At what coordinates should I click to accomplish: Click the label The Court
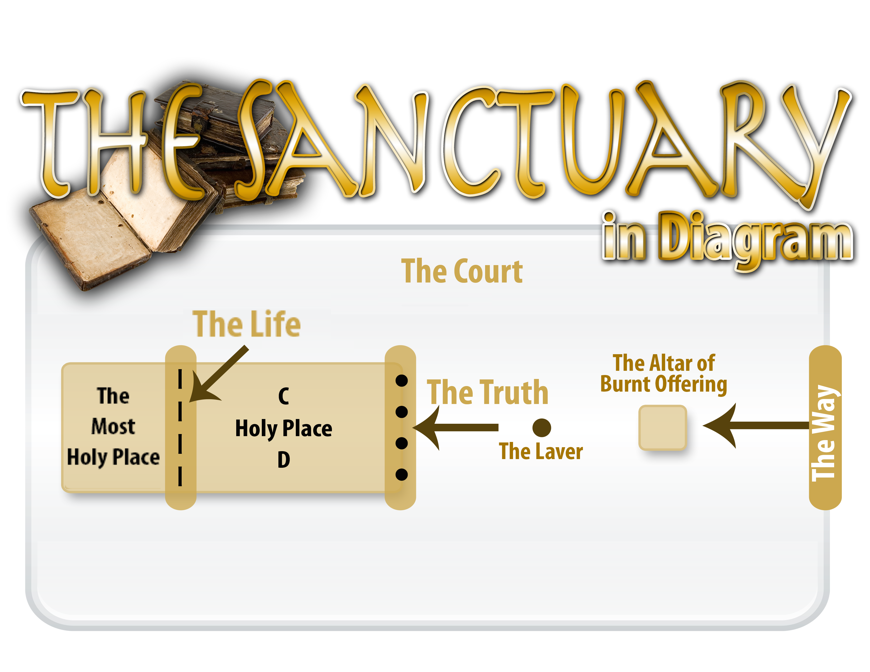[462, 271]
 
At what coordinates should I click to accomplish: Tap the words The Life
[246, 324]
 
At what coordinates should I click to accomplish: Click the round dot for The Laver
[541, 427]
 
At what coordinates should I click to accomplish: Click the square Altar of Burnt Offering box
[663, 427]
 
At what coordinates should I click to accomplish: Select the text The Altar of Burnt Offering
[664, 373]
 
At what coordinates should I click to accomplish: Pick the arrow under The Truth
[454, 427]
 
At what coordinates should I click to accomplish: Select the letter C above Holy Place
[284, 396]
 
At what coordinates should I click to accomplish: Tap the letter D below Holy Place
[284, 460]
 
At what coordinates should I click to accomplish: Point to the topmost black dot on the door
[401, 381]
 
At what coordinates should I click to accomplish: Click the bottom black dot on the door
[401, 475]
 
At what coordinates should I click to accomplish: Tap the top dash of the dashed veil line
[180, 379]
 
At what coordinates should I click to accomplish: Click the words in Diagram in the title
[727, 239]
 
